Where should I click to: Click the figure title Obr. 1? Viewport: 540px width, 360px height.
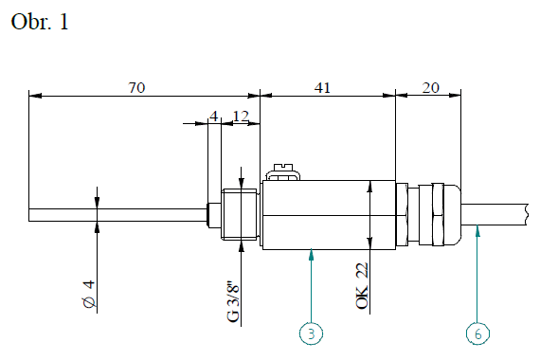click(x=40, y=22)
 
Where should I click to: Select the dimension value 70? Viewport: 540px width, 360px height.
click(x=136, y=87)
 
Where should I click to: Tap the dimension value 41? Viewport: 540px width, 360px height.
click(x=322, y=87)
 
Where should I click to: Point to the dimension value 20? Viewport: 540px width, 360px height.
click(x=431, y=87)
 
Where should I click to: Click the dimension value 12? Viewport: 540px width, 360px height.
click(x=241, y=117)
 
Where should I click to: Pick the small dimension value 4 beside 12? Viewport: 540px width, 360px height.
click(x=214, y=117)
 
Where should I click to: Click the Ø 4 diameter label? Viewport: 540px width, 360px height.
click(x=89, y=294)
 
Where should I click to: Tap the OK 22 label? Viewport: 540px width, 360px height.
click(x=362, y=285)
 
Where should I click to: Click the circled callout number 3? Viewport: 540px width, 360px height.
click(x=311, y=333)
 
